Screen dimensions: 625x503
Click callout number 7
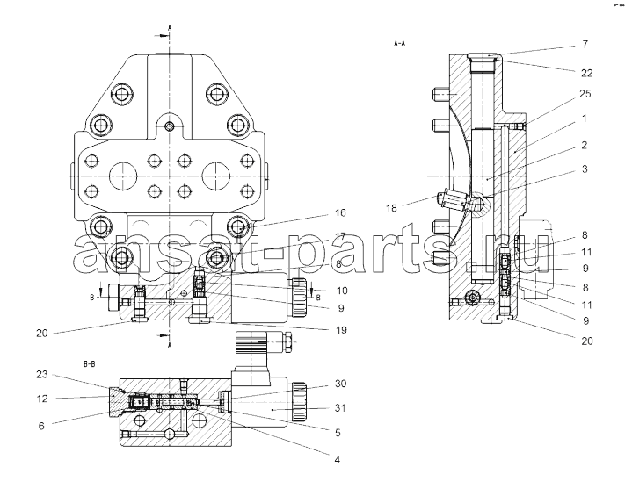pyautogui.click(x=585, y=44)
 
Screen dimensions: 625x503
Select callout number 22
pyautogui.click(x=586, y=73)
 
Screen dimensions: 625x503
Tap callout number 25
pyautogui.click(x=585, y=94)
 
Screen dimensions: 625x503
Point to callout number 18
pyautogui.click(x=391, y=208)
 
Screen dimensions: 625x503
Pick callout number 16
pyautogui.click(x=340, y=213)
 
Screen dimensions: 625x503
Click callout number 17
pyautogui.click(x=340, y=236)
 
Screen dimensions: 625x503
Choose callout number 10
pyautogui.click(x=342, y=291)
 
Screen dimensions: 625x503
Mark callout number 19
pyautogui.click(x=341, y=330)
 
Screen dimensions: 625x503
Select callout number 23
pyautogui.click(x=42, y=375)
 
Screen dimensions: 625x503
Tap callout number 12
pyautogui.click(x=42, y=399)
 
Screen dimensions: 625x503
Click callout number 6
pyautogui.click(x=41, y=426)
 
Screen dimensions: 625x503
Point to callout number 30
pyautogui.click(x=340, y=384)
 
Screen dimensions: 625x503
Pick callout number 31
pyautogui.click(x=340, y=408)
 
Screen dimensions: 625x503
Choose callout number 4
pyautogui.click(x=338, y=460)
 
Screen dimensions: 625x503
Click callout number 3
pyautogui.click(x=585, y=169)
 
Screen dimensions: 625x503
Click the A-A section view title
pyautogui.click(x=399, y=43)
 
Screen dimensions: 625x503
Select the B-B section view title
pyautogui.click(x=90, y=364)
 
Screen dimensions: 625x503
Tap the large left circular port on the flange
pyautogui.click(x=123, y=176)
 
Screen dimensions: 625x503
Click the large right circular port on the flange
pyautogui.click(x=215, y=176)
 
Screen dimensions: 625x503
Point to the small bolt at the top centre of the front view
pyautogui.click(x=170, y=127)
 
